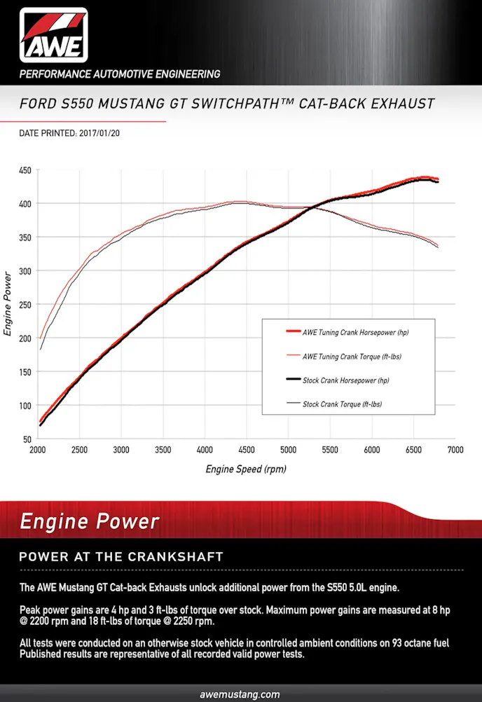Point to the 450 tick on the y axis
[25, 170]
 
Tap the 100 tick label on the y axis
[25, 406]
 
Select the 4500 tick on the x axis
[247, 450]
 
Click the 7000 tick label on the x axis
[455, 450]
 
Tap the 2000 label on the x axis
[39, 450]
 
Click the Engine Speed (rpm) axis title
[246, 469]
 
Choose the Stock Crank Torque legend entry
[342, 404]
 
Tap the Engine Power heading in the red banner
[89, 522]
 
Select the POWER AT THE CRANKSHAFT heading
[120, 557]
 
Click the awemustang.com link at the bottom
[240, 694]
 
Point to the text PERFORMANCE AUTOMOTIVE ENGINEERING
[120, 74]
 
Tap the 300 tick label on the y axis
[25, 271]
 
